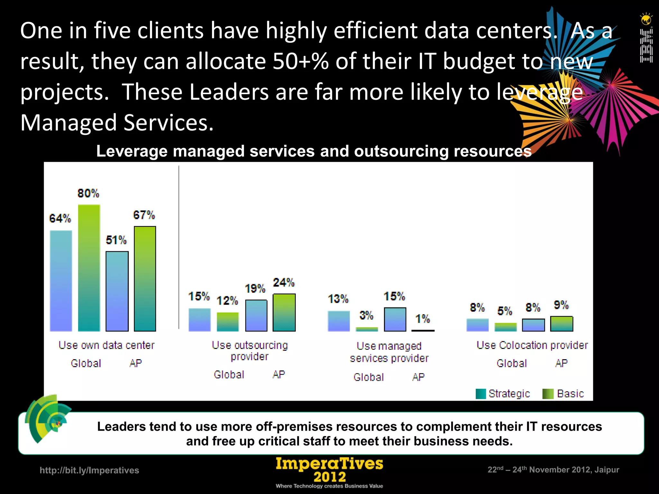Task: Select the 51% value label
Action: click(x=116, y=240)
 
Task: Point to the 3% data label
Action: click(x=366, y=315)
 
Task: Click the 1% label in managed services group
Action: click(x=422, y=319)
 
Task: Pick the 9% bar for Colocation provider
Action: click(x=562, y=324)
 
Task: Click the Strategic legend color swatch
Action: click(x=480, y=394)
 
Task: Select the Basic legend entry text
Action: click(x=570, y=394)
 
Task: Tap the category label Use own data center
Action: click(x=107, y=345)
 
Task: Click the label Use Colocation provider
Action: click(x=532, y=345)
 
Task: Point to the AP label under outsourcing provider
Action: click(x=279, y=374)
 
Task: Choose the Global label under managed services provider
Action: click(x=369, y=377)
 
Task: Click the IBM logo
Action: click(x=646, y=45)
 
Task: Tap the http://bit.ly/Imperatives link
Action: click(x=89, y=470)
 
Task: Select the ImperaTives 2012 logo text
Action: click(x=329, y=470)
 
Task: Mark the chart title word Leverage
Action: click(x=132, y=151)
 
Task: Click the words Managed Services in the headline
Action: click(x=117, y=123)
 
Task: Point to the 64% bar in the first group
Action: click(x=61, y=281)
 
